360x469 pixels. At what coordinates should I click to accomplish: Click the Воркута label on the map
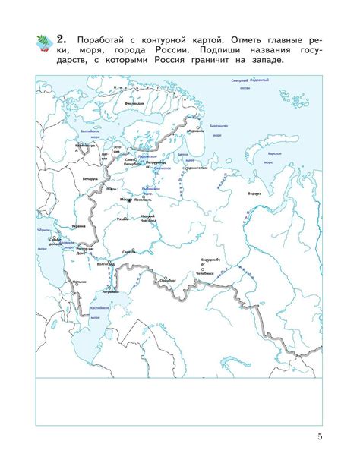coord(255,194)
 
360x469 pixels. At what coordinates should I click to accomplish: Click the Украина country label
coord(78,225)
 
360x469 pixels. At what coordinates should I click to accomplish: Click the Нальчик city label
coord(69,282)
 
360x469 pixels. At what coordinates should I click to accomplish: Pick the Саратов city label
coord(129,251)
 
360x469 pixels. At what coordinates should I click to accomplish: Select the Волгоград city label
coord(106,264)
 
